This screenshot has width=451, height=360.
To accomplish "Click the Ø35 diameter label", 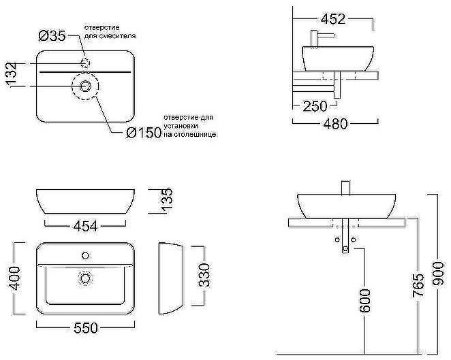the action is (x=52, y=36).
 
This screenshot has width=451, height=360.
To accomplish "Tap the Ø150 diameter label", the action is (x=144, y=133).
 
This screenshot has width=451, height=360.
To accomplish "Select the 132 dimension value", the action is (x=12, y=74).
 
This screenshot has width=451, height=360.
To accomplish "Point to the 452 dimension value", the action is (x=333, y=19).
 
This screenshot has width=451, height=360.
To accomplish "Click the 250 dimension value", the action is (x=315, y=106).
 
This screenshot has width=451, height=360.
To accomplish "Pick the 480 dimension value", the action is (x=336, y=124).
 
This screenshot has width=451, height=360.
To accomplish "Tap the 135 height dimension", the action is (x=166, y=200).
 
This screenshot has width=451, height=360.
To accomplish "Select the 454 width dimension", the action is (x=86, y=227).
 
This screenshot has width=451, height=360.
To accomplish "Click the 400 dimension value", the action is (x=14, y=278).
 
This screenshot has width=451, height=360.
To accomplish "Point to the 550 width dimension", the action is (x=86, y=328).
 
